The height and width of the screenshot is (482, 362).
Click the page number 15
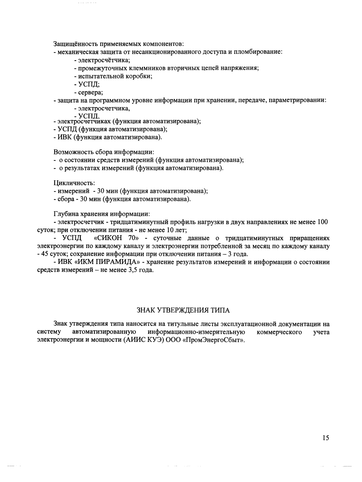point(326,438)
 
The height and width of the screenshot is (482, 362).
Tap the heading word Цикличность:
point(74,183)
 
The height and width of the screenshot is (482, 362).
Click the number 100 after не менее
point(323,222)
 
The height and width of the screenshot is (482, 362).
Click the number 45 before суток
point(45,254)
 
